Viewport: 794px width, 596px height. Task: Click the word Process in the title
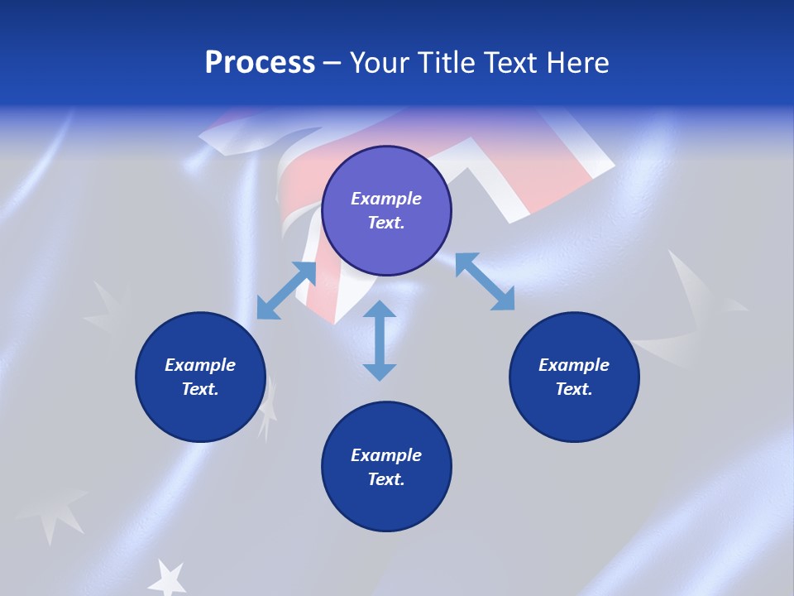(260, 63)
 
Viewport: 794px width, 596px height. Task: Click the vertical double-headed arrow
(380, 340)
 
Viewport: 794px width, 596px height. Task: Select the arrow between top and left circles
(286, 290)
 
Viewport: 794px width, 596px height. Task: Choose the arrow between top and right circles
(485, 282)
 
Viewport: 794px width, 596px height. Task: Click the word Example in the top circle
(386, 199)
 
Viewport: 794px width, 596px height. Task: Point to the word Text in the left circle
(200, 389)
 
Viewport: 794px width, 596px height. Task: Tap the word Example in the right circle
(574, 365)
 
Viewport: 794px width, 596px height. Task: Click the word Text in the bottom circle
(386, 479)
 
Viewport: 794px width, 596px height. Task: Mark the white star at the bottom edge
(170, 576)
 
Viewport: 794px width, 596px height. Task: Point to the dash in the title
(332, 63)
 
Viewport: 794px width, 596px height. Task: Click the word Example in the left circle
(200, 365)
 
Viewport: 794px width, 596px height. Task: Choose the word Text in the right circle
(574, 389)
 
